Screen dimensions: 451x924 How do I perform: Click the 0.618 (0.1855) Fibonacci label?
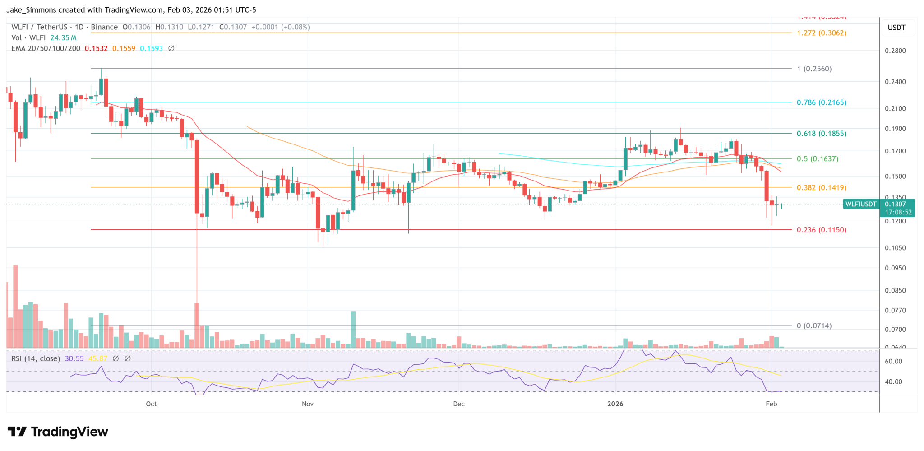pos(821,134)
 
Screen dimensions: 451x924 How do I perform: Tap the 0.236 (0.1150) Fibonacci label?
pos(821,230)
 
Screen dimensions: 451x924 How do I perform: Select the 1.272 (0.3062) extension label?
pos(821,33)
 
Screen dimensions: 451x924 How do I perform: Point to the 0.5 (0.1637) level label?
pos(817,159)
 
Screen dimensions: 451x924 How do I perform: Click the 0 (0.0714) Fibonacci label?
pos(814,325)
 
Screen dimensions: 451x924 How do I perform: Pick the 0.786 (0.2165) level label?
pos(821,102)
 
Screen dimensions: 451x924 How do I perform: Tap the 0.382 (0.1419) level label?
pos(821,187)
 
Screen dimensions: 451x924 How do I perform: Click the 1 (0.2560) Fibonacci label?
pos(814,69)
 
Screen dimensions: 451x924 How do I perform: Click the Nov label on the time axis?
pos(308,404)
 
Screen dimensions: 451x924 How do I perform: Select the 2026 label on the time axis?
pos(615,404)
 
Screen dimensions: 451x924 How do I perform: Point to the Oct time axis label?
pos(151,404)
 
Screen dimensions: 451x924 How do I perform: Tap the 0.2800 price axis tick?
pos(895,51)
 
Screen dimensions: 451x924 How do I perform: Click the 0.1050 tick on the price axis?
pos(895,248)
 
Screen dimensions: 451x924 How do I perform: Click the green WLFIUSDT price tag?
pos(861,204)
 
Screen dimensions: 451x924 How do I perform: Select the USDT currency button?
pos(896,28)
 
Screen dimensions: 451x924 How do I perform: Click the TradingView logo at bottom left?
pos(58,432)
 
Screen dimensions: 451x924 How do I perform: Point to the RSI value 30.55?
pos(74,358)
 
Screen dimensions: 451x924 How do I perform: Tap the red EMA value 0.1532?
pos(96,48)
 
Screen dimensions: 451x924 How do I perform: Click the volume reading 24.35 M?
pos(63,38)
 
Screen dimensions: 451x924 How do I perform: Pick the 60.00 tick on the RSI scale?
pos(893,361)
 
